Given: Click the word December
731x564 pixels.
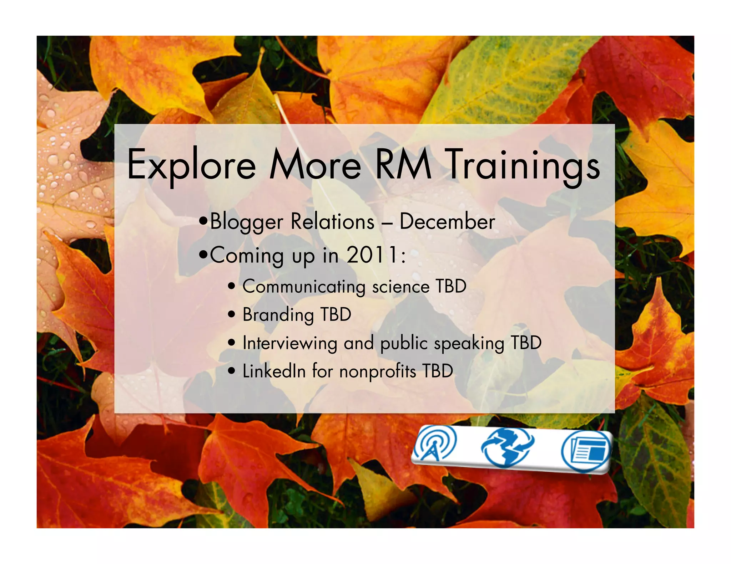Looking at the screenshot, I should point(447,222).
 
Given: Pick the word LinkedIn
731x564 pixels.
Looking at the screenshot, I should point(274,371).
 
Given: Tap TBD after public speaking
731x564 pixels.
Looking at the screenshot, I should point(526,343).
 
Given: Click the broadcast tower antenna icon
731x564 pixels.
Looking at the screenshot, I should point(434,444).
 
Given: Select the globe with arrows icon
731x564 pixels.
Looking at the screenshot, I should point(507,448).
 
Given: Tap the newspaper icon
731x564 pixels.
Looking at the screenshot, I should point(586,451).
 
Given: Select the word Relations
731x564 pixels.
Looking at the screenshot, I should point(333,222).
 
